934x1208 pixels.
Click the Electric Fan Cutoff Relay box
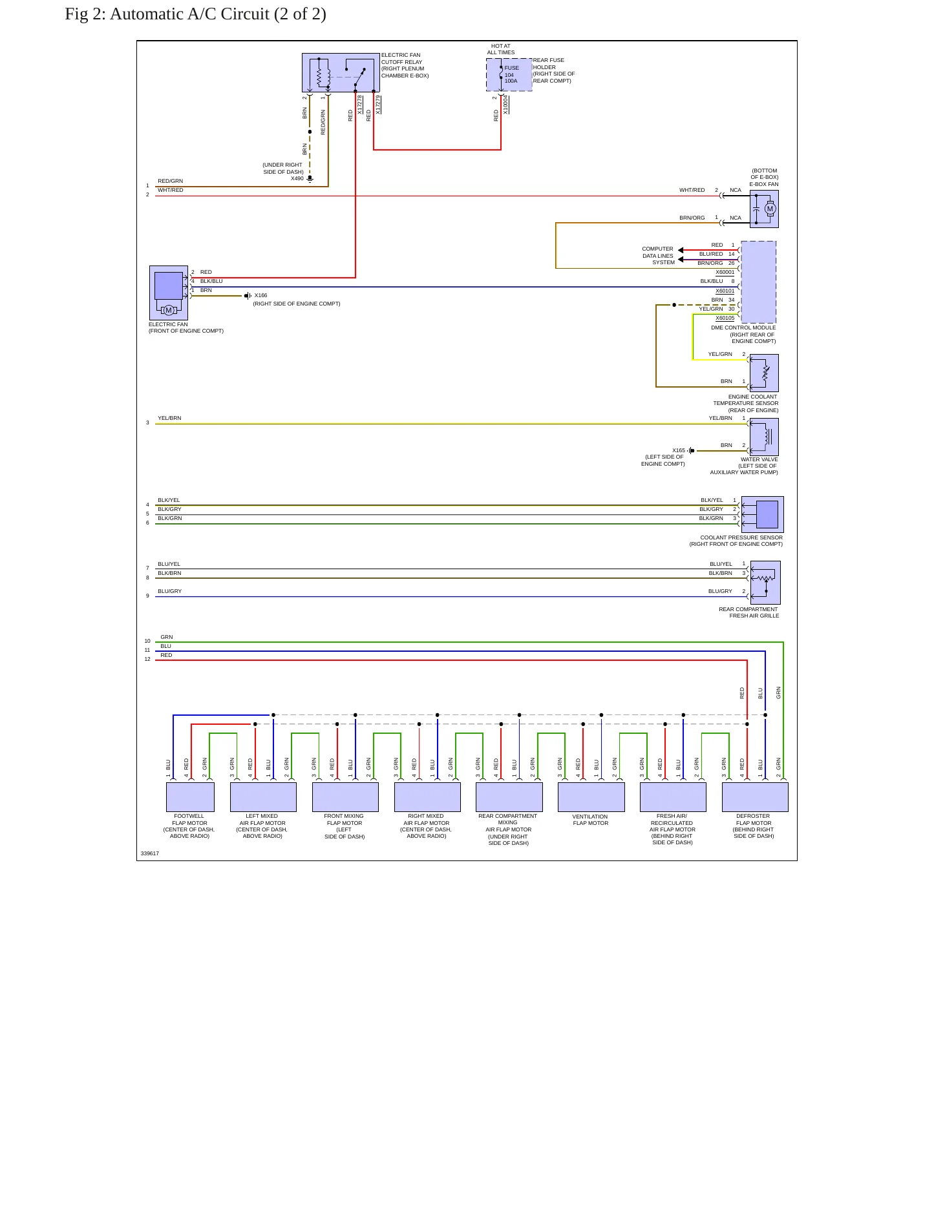[341, 73]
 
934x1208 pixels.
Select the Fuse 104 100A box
[509, 75]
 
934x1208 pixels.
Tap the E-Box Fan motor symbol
[764, 209]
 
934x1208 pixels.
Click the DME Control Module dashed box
[758, 282]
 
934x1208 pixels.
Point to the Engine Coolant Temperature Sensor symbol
[764, 373]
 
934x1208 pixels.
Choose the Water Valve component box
[764, 437]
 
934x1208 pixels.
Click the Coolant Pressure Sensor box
[763, 514]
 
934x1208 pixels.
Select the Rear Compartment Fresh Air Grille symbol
[765, 583]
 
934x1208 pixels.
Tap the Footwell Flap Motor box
[190, 797]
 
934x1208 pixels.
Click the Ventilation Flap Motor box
[591, 797]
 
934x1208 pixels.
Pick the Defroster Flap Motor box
[755, 797]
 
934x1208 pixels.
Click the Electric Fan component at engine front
[169, 293]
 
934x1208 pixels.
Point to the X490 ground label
[297, 178]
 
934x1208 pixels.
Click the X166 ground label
[260, 295]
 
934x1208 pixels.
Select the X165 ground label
[679, 450]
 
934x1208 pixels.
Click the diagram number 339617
[150, 853]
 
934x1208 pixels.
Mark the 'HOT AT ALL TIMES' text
[501, 49]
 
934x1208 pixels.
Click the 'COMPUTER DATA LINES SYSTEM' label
[658, 256]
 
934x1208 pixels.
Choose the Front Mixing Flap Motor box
[345, 797]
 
